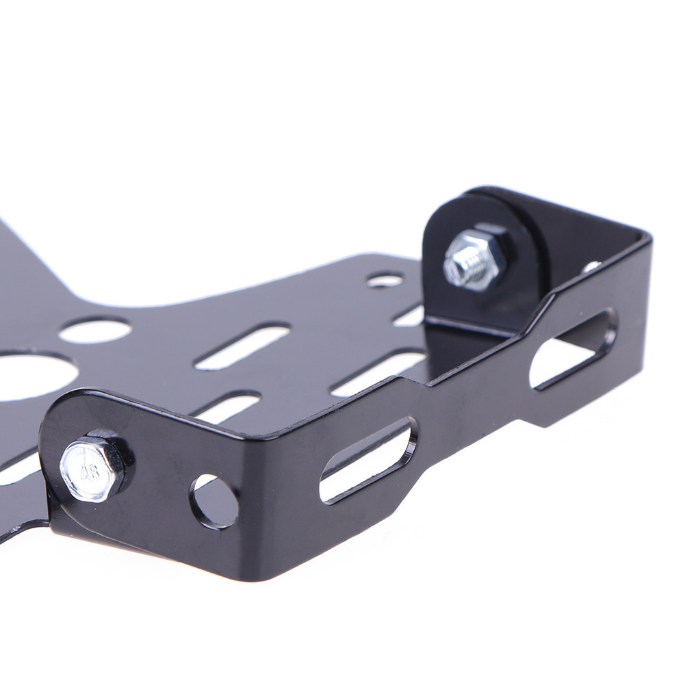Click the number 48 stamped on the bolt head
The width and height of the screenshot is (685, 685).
pos(90,471)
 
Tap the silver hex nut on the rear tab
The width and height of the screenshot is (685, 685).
pos(474,258)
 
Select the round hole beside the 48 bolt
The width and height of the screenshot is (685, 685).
pos(214,501)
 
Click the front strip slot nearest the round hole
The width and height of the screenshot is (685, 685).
pos(368,460)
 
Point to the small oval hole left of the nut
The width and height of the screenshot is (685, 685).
pos(385,280)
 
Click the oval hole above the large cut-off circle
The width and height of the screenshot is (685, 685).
pos(95,330)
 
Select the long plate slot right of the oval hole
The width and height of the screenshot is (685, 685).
pos(243,346)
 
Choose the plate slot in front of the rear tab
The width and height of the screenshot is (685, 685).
pos(378,374)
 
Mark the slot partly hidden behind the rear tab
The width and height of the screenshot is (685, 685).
pos(411,315)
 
